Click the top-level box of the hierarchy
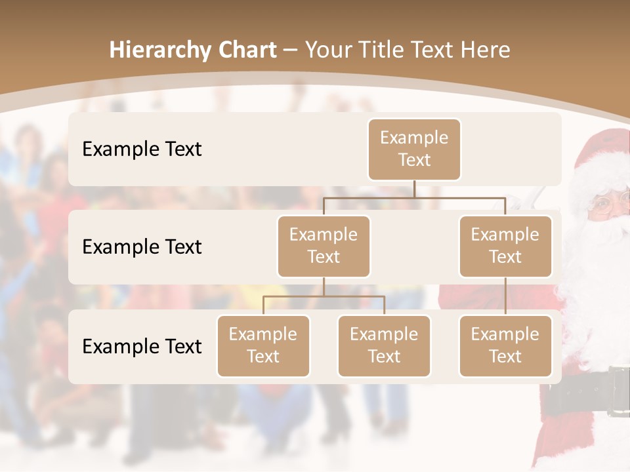(414, 149)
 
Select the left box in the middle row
(324, 246)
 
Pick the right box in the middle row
(505, 246)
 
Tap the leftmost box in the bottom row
(263, 345)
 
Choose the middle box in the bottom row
(384, 345)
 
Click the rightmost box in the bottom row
(505, 345)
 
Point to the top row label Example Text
(142, 149)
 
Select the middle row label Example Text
(142, 246)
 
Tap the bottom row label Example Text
(142, 346)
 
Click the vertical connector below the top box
(414, 189)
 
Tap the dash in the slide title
(290, 50)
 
